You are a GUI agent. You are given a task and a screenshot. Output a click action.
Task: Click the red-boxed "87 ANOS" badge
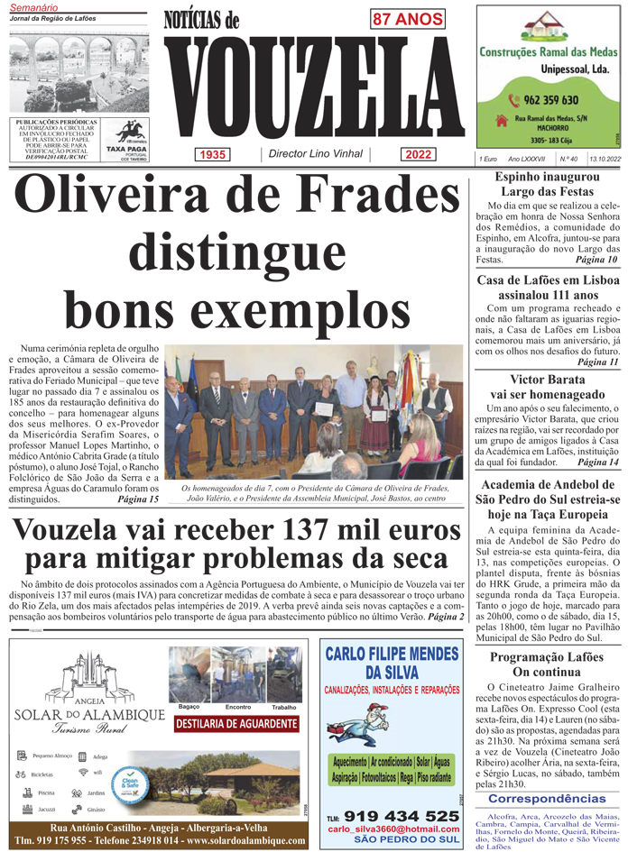pos(407,19)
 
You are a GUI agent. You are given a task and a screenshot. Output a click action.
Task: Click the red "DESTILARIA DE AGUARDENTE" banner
pos(235,723)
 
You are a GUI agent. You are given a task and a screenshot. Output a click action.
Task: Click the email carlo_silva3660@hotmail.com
pos(387,829)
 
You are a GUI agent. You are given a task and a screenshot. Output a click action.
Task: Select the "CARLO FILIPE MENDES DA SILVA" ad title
pos(391,663)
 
